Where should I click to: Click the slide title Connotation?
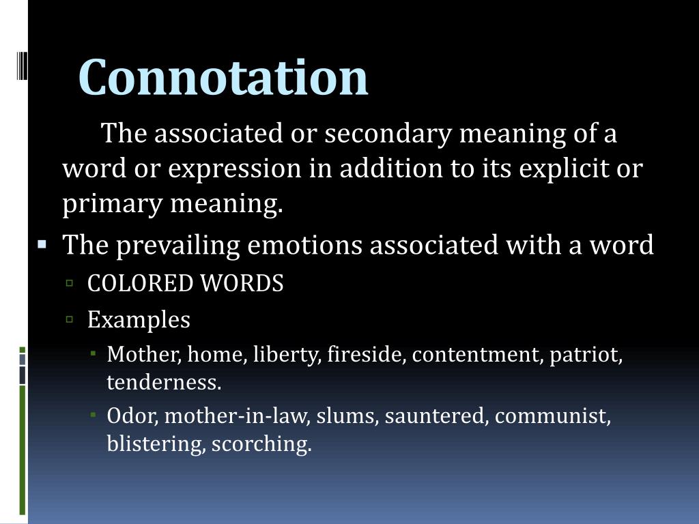click(223, 77)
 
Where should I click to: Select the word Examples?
click(139, 319)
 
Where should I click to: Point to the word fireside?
click(366, 355)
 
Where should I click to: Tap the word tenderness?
click(164, 383)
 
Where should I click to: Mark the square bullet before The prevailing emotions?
click(42, 243)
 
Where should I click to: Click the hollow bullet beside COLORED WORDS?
click(70, 282)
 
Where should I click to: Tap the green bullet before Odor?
click(93, 413)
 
